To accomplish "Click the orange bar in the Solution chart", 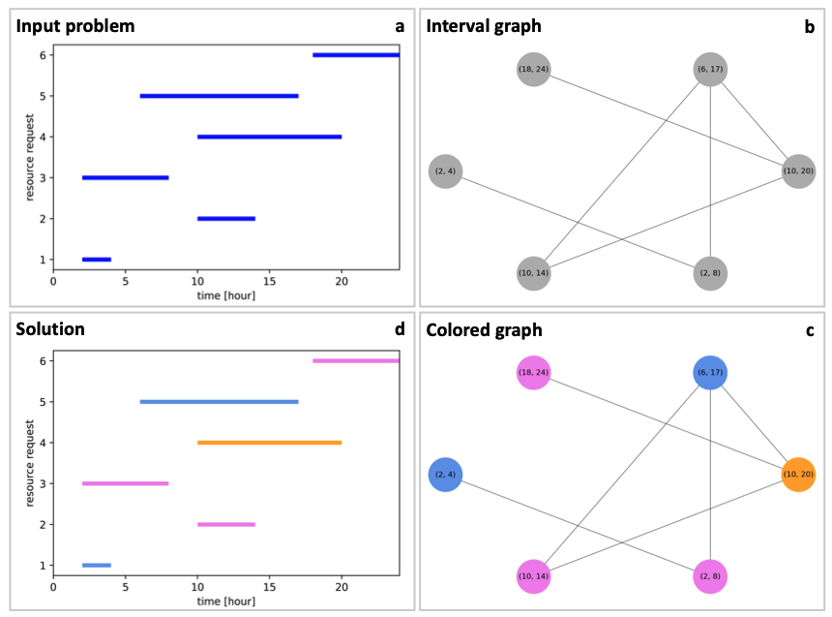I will tap(269, 443).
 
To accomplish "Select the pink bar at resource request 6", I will tap(355, 361).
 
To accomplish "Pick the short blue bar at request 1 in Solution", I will tap(96, 565).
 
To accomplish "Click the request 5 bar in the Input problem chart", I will tap(219, 96).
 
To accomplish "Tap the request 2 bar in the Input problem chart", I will tap(225, 219).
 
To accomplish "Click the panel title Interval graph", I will tap(484, 26).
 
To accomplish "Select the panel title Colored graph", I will tap(485, 330).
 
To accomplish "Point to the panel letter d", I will tap(399, 329).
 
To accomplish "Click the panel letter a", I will tap(399, 26).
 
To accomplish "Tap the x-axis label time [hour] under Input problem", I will tap(225, 294).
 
